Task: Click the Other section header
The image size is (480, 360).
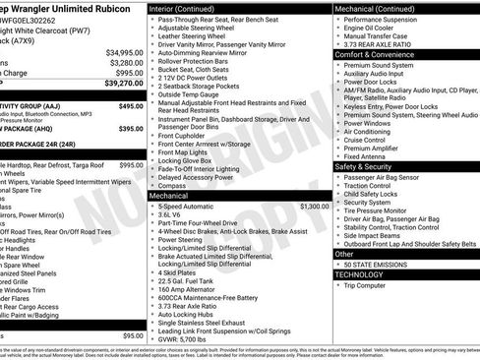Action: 343,253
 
